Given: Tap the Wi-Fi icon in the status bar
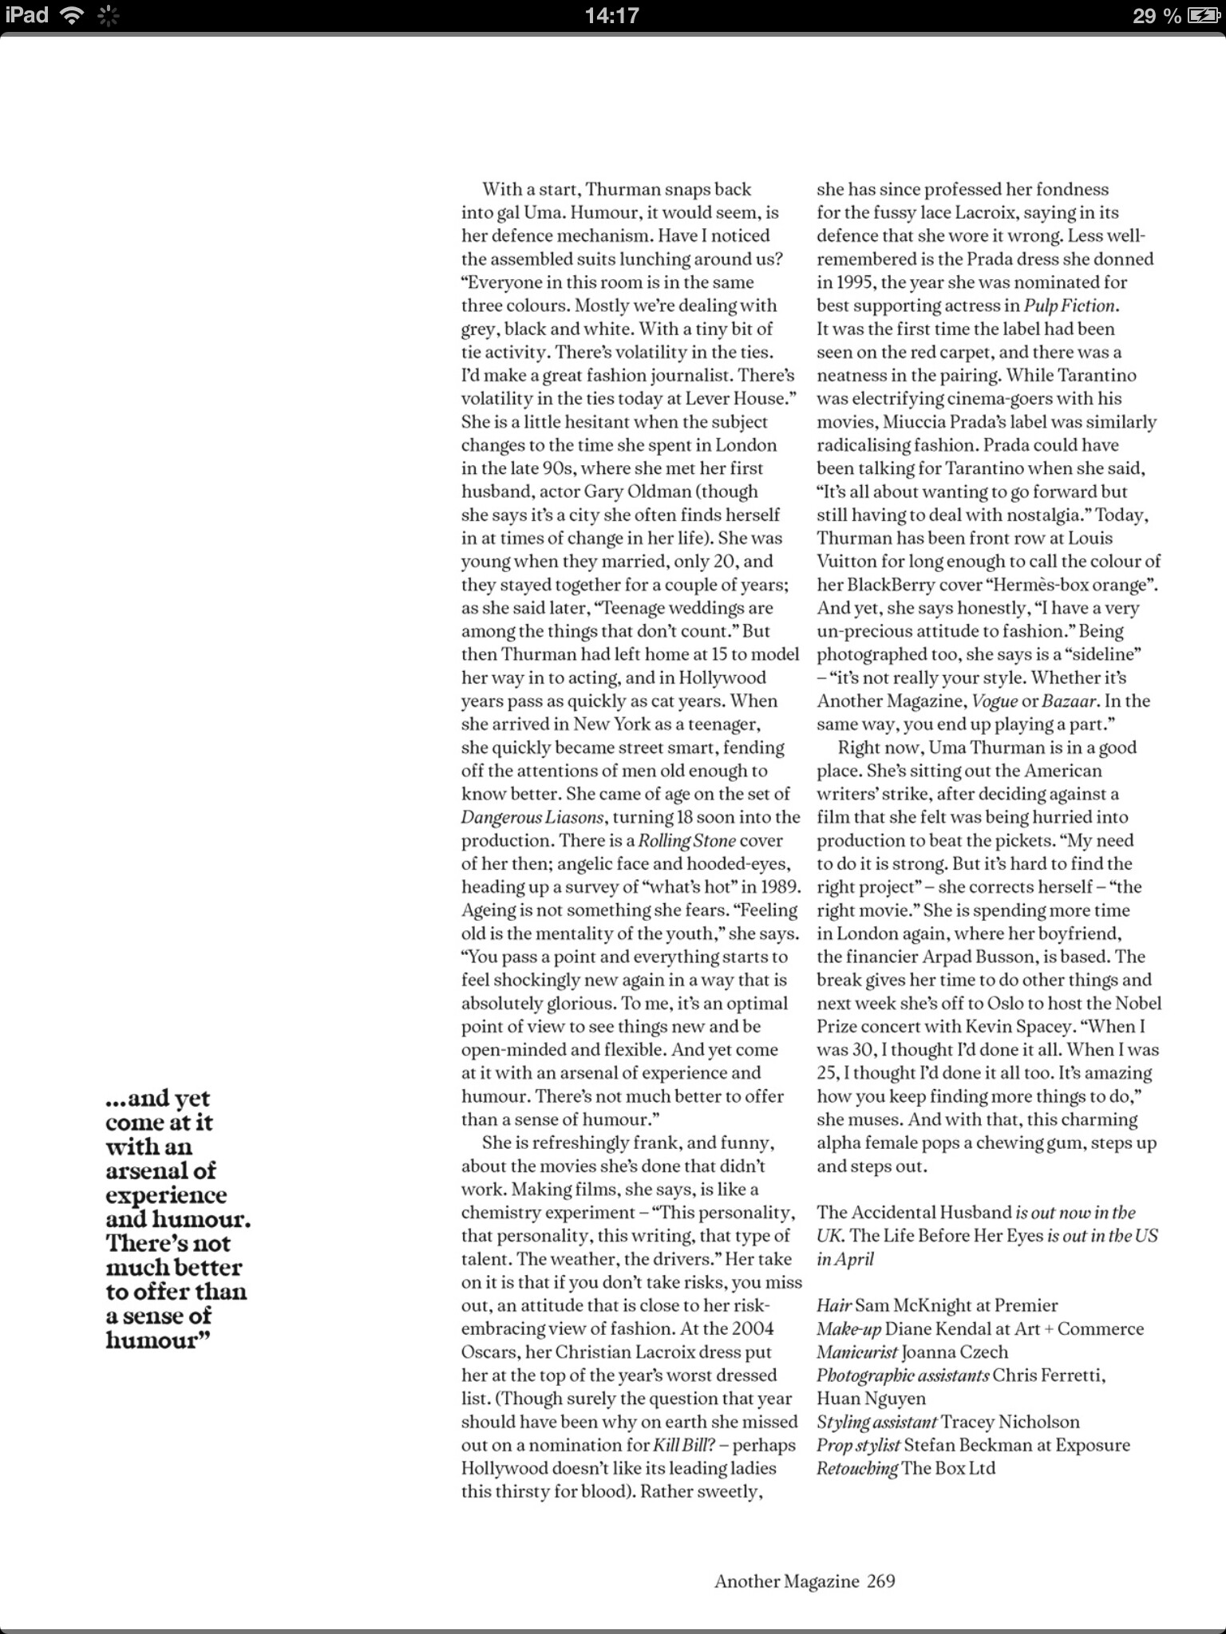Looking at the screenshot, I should pyautogui.click(x=73, y=15).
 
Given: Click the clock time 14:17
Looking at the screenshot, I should pyautogui.click(x=611, y=16).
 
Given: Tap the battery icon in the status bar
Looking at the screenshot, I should pyautogui.click(x=1203, y=16).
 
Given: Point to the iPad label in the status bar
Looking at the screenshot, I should pyautogui.click(x=27, y=15).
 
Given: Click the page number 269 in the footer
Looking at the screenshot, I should pyautogui.click(x=881, y=1581).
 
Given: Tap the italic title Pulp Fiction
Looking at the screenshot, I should pyautogui.click(x=1070, y=306).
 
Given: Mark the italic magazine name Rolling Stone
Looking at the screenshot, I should pyautogui.click(x=686, y=840).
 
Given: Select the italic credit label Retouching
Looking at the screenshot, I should pyautogui.click(x=856, y=1468).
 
